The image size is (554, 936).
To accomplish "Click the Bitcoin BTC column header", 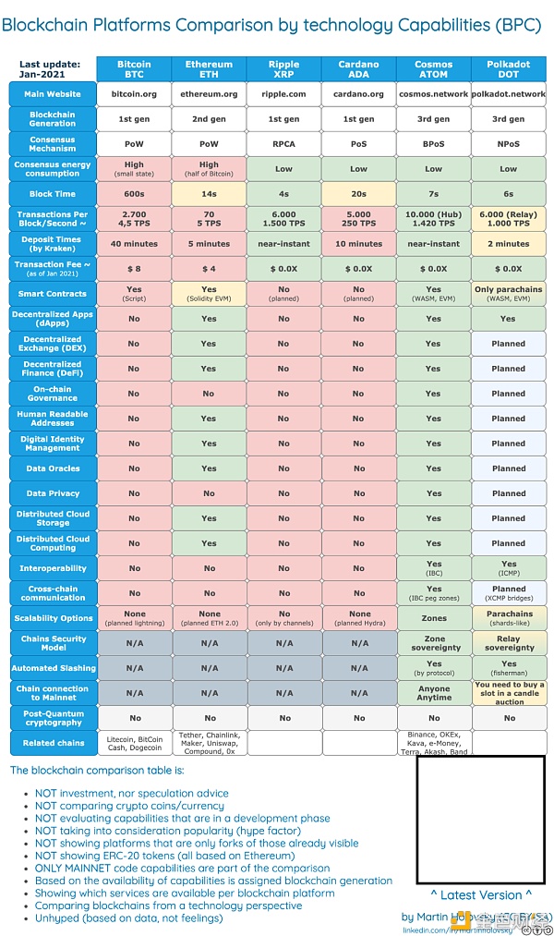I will pos(134,69).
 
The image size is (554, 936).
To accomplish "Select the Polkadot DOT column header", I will pos(509,69).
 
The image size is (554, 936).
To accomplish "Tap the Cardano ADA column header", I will pos(358,69).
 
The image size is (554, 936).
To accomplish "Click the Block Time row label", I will pos(52,194).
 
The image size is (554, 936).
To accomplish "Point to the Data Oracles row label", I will pos(52,468).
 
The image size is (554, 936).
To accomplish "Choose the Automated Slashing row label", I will pos(52,668).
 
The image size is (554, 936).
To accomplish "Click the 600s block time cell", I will pos(134,194).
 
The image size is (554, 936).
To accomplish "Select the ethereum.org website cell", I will pos(209,94).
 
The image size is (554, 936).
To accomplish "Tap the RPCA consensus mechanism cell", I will pos(283,144).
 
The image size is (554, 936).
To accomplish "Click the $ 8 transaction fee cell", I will pos(134,269).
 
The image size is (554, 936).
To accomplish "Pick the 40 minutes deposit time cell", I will pos(134,244).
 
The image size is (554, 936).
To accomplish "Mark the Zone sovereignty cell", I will pos(434,643).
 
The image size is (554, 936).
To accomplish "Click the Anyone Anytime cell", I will pos(434,693).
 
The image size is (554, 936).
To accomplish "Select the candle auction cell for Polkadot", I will pos(509,693).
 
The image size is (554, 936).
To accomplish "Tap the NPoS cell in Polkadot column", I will pos(509,144).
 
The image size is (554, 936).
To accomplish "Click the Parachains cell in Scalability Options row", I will pos(509,617).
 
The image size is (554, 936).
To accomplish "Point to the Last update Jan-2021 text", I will pos(51,69).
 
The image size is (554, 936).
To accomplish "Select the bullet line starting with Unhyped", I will pos(128,918).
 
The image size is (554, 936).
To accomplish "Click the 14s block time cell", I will pos(209,194).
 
